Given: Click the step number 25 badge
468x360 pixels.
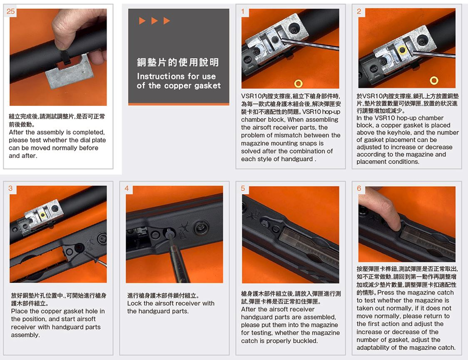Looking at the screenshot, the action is (x=10, y=11).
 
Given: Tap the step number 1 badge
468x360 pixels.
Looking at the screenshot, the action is (x=243, y=11).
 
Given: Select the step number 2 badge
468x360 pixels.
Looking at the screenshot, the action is (x=359, y=11).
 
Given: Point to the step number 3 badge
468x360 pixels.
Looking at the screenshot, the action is (x=10, y=188).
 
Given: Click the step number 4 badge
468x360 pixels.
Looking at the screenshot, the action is (x=127, y=188).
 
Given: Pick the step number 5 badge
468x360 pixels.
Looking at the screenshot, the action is (x=243, y=188).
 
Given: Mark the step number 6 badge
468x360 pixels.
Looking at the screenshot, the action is (x=359, y=188).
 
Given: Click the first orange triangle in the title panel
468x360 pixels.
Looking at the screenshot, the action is (x=142, y=20).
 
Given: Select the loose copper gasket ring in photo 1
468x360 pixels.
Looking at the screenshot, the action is (x=298, y=83).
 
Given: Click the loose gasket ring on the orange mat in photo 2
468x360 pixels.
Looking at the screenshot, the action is (x=434, y=80).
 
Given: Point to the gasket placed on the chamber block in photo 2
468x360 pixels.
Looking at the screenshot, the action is (x=402, y=50).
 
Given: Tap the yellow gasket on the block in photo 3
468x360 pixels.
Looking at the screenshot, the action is (x=43, y=215).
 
